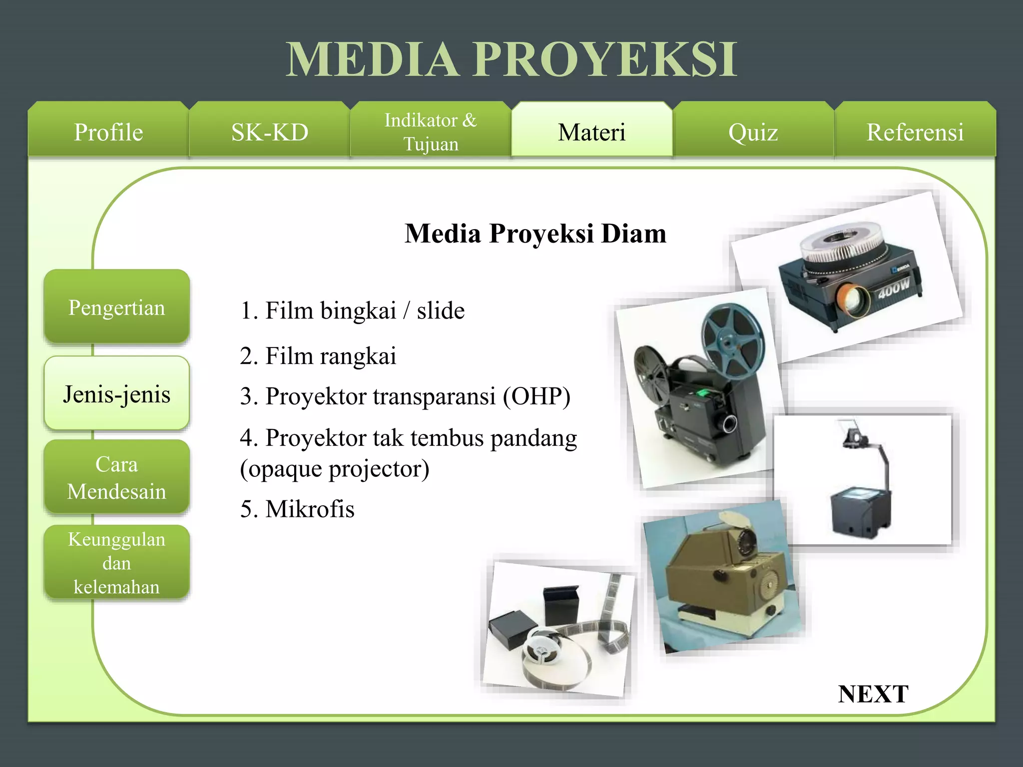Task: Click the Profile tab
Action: (x=108, y=132)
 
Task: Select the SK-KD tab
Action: (x=270, y=132)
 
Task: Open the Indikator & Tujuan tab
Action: (x=431, y=132)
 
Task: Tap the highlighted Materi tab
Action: (x=591, y=132)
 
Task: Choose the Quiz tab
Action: (x=753, y=132)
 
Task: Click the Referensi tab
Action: (x=915, y=132)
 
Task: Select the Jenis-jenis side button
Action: (x=116, y=394)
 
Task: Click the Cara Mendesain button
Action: (x=116, y=477)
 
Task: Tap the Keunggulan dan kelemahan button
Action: (x=116, y=563)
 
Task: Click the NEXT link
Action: (x=873, y=694)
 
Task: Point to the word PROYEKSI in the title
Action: (x=605, y=59)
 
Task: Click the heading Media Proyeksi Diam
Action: (x=535, y=233)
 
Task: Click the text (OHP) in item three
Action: (x=536, y=396)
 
